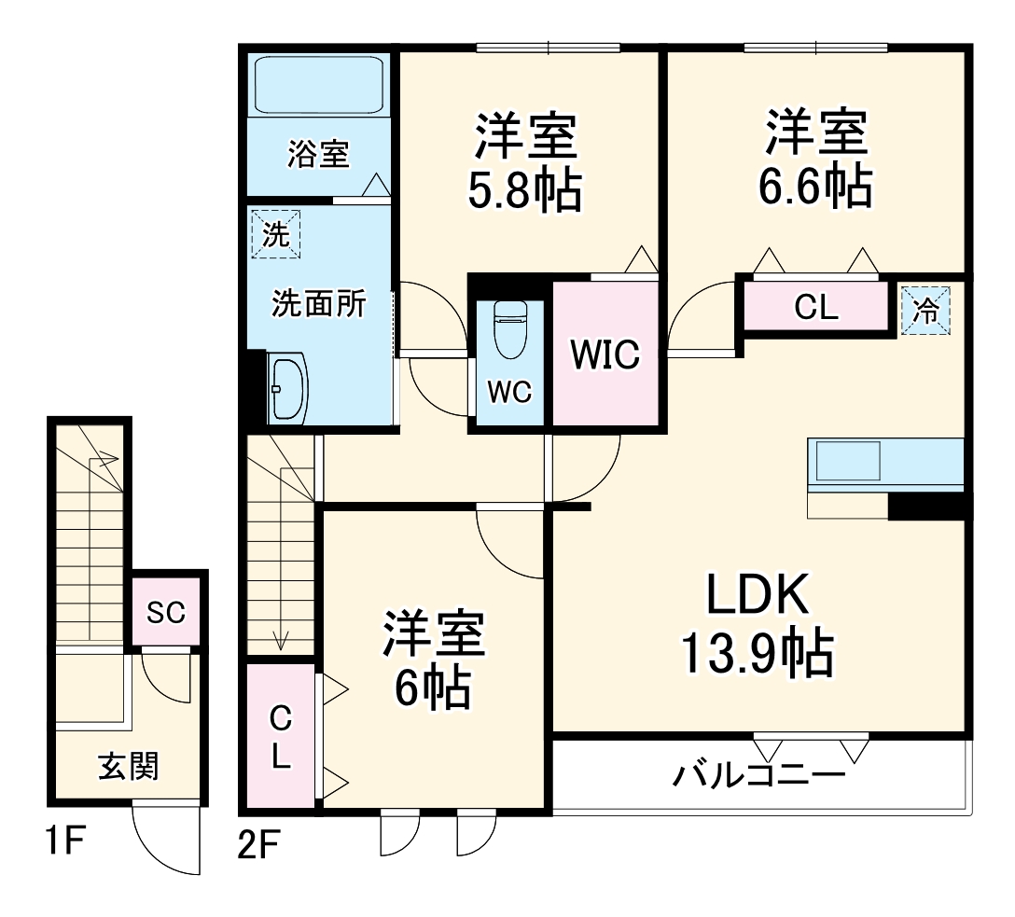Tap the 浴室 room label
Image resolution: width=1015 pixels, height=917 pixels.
[x=318, y=155]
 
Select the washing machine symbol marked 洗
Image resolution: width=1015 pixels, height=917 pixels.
[x=274, y=234]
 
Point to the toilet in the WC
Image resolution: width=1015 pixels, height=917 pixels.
[x=510, y=330]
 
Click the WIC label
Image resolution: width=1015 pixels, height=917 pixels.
[x=605, y=355]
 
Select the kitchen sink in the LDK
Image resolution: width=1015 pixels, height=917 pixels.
[x=848, y=462]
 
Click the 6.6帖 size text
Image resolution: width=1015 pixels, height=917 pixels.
[x=815, y=187]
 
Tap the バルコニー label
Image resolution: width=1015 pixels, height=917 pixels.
[x=758, y=774]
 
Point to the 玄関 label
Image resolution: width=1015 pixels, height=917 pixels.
[x=129, y=766]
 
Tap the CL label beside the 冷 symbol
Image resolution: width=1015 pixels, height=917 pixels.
[x=815, y=307]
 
